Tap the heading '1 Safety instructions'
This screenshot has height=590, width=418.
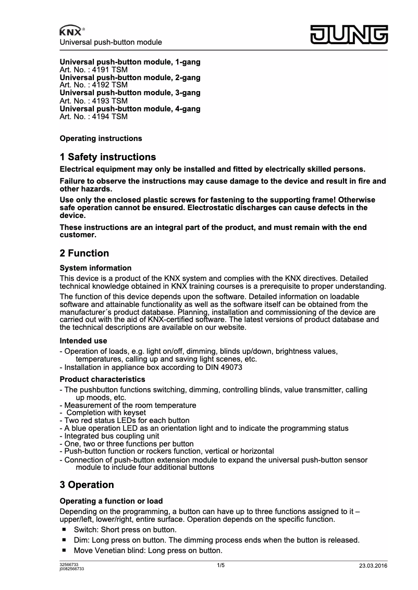[x=108, y=157]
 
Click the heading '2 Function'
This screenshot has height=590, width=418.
[x=84, y=253]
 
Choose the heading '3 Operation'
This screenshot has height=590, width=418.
[x=87, y=485]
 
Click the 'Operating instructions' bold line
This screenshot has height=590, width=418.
[x=101, y=138]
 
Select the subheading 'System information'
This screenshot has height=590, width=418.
[x=95, y=268]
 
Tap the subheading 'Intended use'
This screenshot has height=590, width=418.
[x=83, y=341]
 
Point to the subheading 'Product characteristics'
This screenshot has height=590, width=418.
[x=102, y=379]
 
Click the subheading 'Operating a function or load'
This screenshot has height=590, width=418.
[x=111, y=501]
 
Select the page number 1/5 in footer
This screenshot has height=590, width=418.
[x=220, y=565]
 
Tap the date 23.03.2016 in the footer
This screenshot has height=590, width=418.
[x=373, y=566]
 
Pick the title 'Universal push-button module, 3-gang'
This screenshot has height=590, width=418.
[x=130, y=93]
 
